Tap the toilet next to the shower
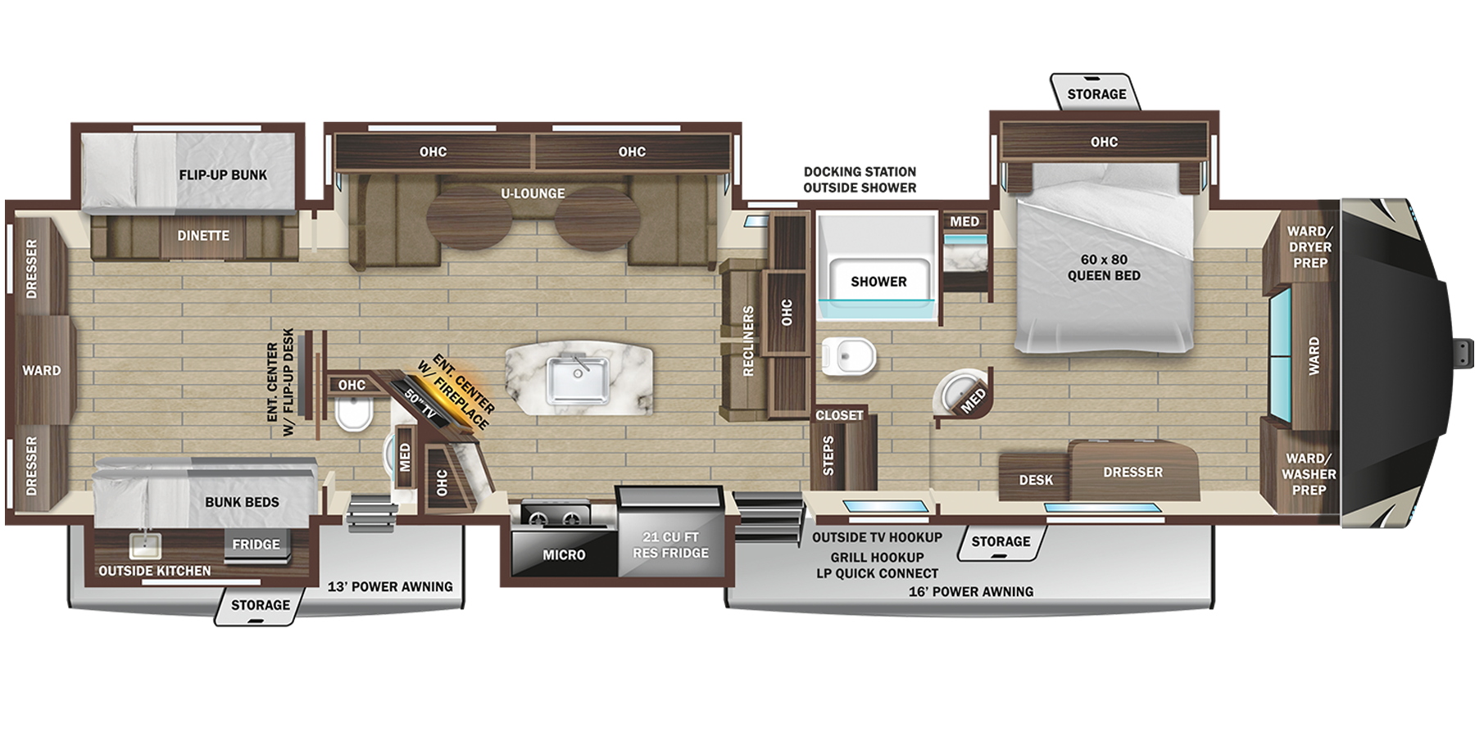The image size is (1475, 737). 849,356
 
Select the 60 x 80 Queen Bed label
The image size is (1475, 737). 1103,268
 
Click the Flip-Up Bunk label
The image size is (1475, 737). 223,174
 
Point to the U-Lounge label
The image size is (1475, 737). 533,193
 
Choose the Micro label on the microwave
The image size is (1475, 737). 564,555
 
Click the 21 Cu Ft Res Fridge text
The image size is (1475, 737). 670,545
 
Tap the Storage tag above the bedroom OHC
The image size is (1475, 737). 1096,94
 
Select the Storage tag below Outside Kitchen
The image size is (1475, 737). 260,605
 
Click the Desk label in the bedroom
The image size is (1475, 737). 1036,480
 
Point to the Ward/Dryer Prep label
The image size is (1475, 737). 1309,246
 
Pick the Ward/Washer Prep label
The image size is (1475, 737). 1309,474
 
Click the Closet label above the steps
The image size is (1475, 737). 839,415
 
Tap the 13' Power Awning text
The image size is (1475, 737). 390,587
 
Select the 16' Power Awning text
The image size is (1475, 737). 970,591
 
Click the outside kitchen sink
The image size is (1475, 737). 145,546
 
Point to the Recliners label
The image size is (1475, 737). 747,341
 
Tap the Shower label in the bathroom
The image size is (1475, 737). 878,282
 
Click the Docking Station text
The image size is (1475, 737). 860,172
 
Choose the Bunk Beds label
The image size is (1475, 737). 242,502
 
